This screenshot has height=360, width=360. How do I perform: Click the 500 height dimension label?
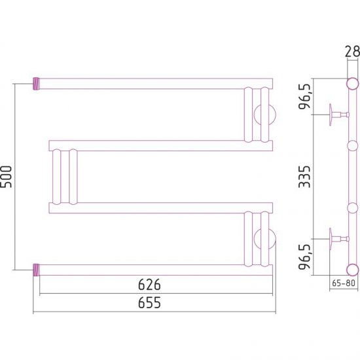[6, 177]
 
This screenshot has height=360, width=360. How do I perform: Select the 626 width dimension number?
[149, 285]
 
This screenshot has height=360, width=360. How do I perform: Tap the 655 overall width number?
[149, 302]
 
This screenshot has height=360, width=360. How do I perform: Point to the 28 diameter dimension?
[352, 52]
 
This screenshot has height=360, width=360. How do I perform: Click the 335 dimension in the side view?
[304, 177]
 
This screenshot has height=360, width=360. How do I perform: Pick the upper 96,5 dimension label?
[305, 96]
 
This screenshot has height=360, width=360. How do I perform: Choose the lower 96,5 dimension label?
[305, 257]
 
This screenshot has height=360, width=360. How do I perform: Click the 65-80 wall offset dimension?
[344, 283]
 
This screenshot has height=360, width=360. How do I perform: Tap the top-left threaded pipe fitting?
[36, 84]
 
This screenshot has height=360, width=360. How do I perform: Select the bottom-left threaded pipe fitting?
[36, 270]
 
